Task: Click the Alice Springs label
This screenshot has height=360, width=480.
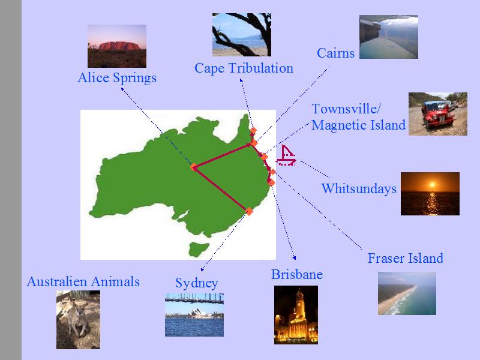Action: click(117, 78)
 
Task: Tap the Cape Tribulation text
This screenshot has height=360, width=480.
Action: click(244, 68)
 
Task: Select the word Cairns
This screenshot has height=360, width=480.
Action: click(335, 53)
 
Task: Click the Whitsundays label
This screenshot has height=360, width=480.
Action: click(359, 188)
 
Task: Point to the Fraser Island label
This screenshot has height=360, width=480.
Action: click(406, 258)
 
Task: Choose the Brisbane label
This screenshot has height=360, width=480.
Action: click(296, 274)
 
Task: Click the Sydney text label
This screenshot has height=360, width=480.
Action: click(197, 283)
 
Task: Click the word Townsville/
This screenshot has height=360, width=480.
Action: click(346, 109)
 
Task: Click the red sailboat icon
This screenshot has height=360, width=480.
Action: click(286, 155)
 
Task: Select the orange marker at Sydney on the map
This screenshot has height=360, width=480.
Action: click(249, 211)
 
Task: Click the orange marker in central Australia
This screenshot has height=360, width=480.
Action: click(193, 167)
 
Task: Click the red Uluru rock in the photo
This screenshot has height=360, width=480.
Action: click(119, 46)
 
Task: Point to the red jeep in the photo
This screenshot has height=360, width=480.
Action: click(434, 114)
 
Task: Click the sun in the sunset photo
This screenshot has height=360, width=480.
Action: click(432, 185)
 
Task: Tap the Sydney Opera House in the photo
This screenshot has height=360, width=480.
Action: click(196, 313)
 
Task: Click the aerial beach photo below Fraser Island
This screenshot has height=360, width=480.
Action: click(407, 293)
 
